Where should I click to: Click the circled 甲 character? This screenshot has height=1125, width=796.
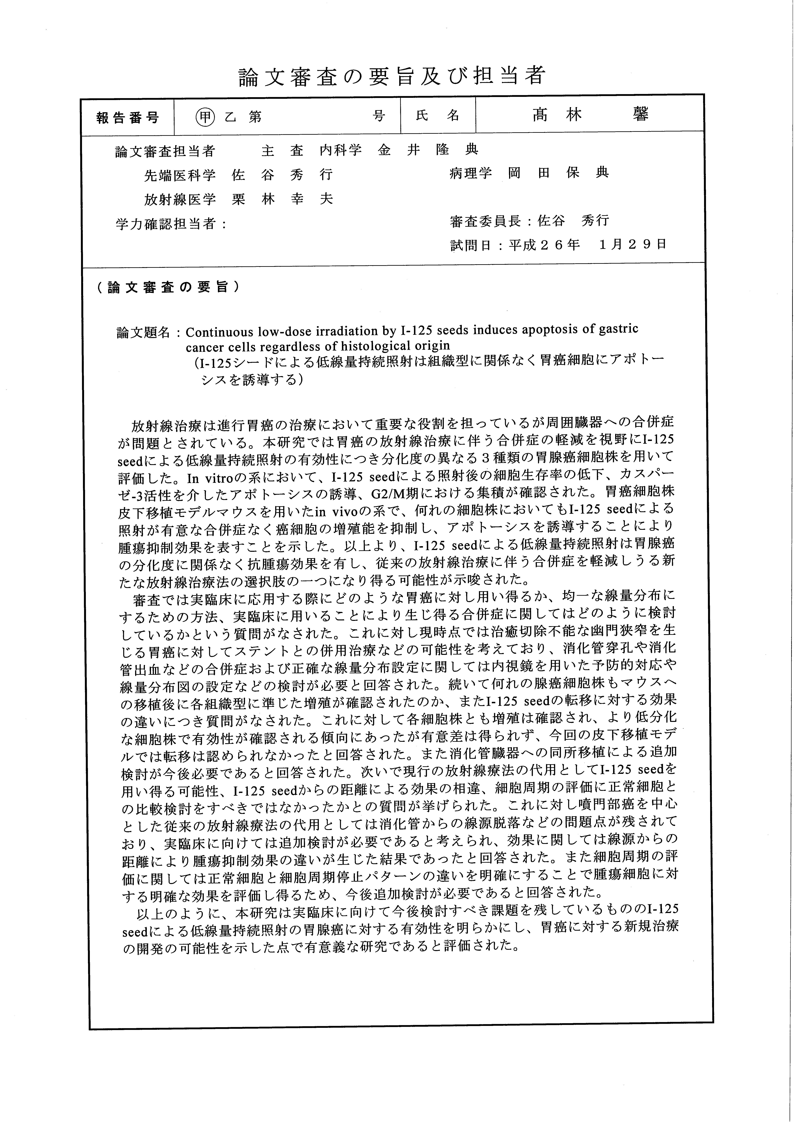pos(205,116)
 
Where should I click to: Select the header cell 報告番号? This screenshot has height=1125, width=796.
pos(128,118)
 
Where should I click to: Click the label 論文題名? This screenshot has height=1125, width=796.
pos(143,333)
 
